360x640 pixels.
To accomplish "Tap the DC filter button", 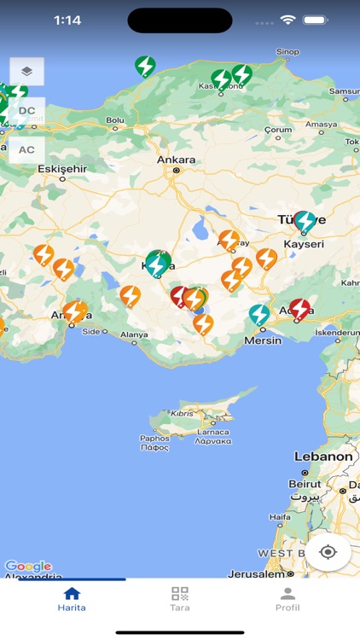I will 26,111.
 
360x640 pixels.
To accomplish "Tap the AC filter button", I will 26,150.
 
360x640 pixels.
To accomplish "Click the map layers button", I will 26,72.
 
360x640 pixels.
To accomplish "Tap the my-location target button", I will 328,552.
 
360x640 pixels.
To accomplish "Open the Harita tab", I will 72,599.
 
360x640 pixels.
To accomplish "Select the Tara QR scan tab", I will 179,599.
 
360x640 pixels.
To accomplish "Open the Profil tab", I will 287,599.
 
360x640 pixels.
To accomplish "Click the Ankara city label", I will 176,160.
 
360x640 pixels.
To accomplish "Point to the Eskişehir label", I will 62,169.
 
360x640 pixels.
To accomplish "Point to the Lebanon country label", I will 323,457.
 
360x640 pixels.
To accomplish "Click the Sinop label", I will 287,52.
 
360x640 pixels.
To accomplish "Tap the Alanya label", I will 133,335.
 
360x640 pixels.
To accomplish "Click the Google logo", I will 28,566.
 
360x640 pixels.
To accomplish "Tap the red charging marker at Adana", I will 299,308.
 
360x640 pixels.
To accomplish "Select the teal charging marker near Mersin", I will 259,314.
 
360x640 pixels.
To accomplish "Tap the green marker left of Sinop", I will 145,65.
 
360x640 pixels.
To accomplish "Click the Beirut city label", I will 305,484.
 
